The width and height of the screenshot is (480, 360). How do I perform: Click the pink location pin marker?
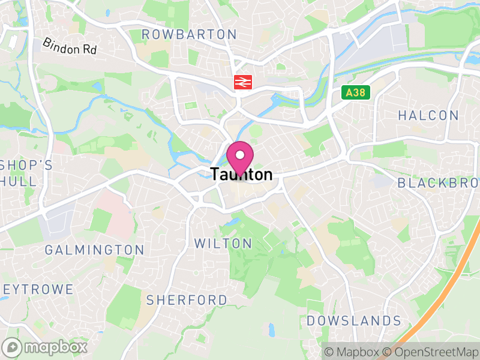(x=240, y=158)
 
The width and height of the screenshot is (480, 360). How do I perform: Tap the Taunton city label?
(x=241, y=175)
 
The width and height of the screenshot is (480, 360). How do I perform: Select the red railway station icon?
(x=242, y=82)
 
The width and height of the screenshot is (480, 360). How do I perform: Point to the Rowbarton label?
(x=189, y=35)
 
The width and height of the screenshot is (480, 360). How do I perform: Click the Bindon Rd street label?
(x=70, y=47)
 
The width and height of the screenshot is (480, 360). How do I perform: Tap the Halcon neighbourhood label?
(x=428, y=115)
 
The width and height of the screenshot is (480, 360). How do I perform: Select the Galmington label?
(x=95, y=250)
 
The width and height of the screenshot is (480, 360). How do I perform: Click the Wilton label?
(x=223, y=244)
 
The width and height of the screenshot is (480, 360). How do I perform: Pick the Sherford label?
(x=187, y=299)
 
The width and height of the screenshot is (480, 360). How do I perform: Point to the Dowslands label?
(x=354, y=321)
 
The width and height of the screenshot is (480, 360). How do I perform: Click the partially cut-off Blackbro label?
(x=438, y=183)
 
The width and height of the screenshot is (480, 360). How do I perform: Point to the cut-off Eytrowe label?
(x=37, y=290)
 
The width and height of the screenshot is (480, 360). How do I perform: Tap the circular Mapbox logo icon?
(x=12, y=347)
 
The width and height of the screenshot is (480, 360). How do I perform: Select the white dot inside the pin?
(x=240, y=154)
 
